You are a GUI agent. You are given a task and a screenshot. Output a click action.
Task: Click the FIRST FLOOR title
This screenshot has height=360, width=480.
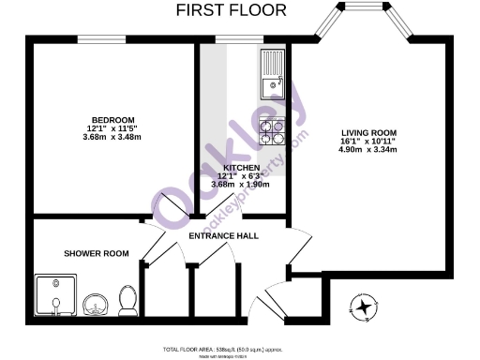click(232, 10)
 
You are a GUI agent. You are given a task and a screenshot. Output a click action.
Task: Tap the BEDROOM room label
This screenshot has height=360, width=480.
click(111, 120)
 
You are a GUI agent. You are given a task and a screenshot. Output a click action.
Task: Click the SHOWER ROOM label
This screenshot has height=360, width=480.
click(96, 253)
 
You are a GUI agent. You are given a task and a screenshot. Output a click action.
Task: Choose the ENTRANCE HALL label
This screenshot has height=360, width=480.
click(224, 235)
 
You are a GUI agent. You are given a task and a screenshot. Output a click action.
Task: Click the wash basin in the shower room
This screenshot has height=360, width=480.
click(94, 304)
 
